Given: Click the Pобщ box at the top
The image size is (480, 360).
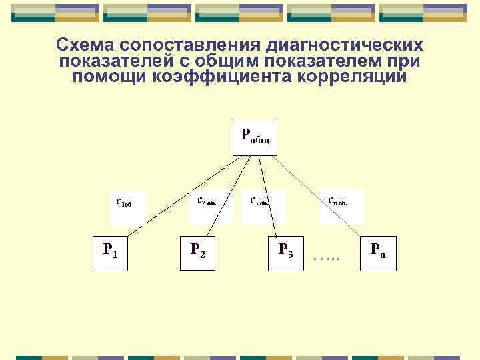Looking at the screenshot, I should pos(255,137).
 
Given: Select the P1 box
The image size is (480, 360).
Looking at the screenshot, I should pos(111,251).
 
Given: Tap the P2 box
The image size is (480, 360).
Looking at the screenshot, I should pos(198,251).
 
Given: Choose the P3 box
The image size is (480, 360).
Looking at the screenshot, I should pos(285,251).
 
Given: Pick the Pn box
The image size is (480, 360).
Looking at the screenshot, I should pos(377,251).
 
